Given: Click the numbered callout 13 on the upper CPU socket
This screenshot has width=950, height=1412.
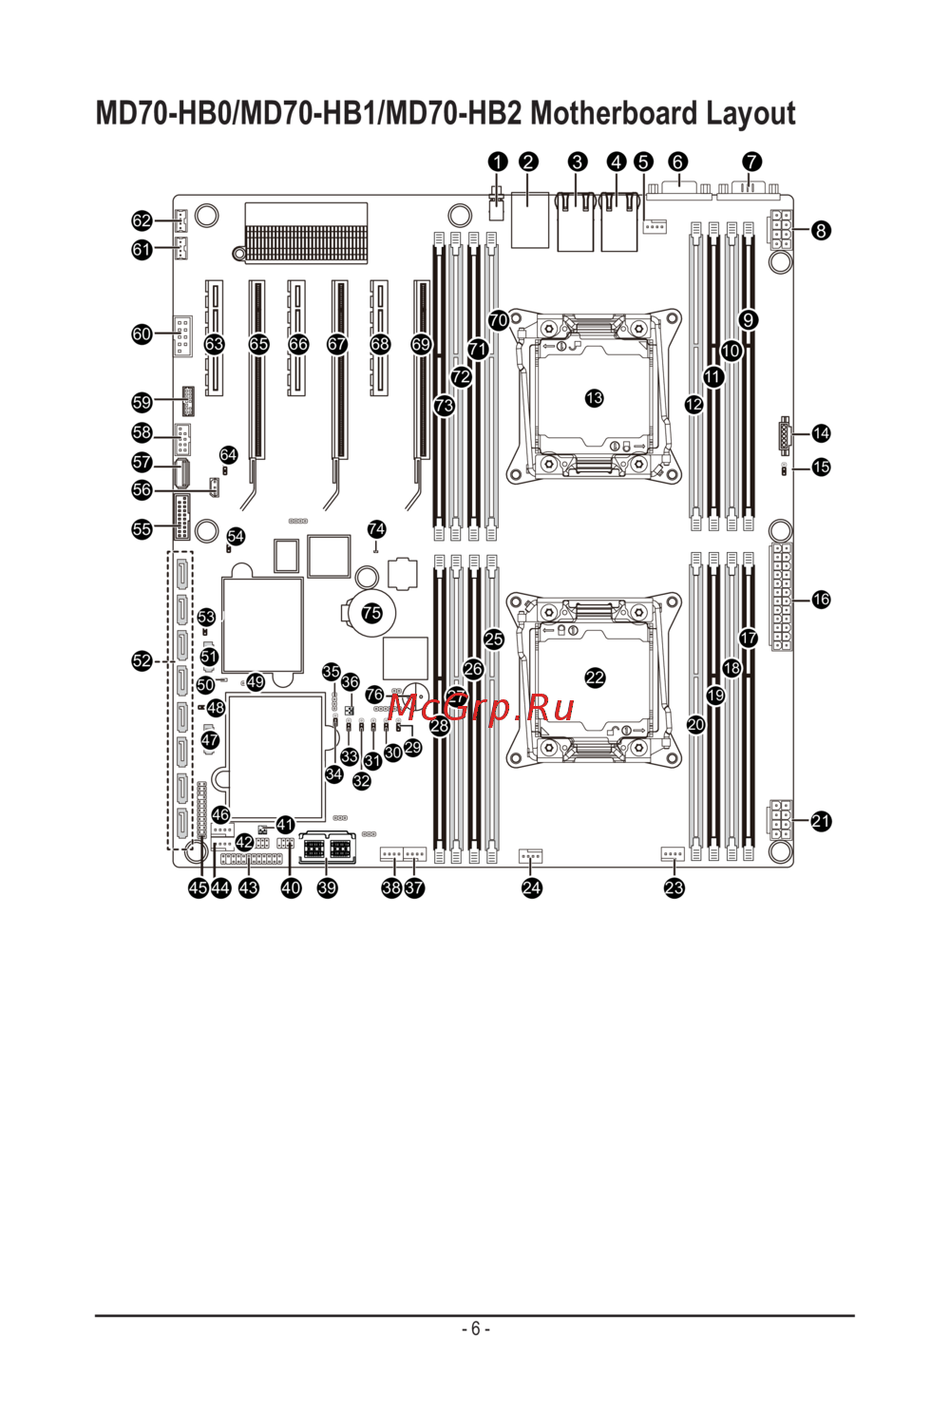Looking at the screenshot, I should click(x=595, y=398).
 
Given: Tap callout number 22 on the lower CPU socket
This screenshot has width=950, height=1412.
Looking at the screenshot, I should click(x=595, y=677).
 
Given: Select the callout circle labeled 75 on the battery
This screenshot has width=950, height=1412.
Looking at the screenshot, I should click(x=371, y=613).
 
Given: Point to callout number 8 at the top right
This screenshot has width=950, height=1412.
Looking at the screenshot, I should click(x=821, y=230).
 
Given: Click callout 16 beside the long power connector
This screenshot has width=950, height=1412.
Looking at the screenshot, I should click(x=821, y=600).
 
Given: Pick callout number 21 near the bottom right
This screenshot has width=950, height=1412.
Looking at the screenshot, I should click(x=821, y=821).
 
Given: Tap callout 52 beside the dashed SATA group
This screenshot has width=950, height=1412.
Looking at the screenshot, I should click(x=142, y=661).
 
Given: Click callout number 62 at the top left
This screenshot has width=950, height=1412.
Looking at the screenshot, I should click(x=142, y=220).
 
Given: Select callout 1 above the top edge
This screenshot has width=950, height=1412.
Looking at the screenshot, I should click(x=498, y=162).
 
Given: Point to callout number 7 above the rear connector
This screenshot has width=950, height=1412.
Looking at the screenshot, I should click(x=751, y=162).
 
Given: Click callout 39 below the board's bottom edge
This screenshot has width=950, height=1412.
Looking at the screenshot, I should click(x=327, y=887).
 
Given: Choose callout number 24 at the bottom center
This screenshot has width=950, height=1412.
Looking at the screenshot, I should click(x=532, y=887).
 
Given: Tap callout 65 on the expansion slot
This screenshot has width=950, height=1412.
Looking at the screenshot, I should click(x=258, y=344).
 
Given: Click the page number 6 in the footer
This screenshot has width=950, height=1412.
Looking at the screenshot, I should click(x=475, y=1328).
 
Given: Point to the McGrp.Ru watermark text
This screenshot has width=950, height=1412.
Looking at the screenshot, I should click(x=482, y=708).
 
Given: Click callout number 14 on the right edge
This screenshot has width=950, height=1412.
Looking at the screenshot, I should click(x=821, y=433).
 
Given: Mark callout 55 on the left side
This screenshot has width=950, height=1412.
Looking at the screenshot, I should click(x=142, y=529).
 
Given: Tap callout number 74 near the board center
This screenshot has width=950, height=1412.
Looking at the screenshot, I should click(x=377, y=529).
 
